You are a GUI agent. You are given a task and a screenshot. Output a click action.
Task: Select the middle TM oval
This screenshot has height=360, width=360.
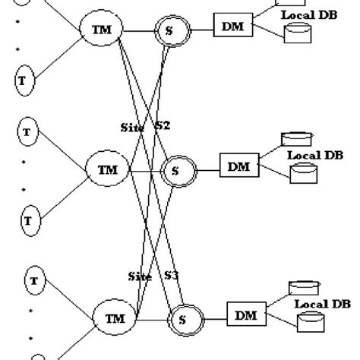(x=109, y=171)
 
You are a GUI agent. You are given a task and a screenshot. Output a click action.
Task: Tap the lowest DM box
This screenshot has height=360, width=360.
(x=246, y=314)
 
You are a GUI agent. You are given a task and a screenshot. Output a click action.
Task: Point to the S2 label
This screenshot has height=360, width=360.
(x=163, y=126)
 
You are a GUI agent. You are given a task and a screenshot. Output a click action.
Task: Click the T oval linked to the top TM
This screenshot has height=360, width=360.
(x=24, y=78)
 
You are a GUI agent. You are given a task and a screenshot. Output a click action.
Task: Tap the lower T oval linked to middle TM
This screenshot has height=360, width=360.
(x=28, y=220)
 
